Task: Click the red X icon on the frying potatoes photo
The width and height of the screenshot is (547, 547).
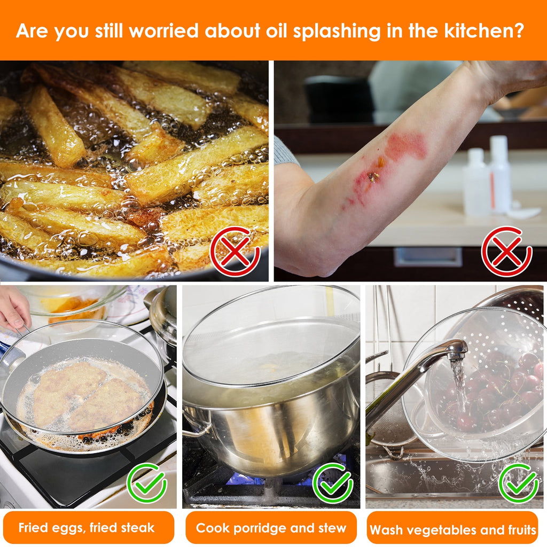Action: [x=235, y=251]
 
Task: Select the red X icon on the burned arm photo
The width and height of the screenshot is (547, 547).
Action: [x=506, y=251]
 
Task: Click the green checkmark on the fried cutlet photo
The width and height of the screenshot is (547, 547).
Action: [x=147, y=483]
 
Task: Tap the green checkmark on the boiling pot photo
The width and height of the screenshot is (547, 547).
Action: [x=333, y=483]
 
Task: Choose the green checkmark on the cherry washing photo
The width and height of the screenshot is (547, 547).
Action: [x=519, y=483]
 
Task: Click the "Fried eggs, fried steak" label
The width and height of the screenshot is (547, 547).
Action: [x=87, y=527]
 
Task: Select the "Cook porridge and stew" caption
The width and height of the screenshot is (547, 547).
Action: [x=271, y=528]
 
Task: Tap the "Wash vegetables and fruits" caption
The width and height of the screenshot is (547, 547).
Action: [x=453, y=530]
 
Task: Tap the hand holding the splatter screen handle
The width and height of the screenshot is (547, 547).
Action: [x=14, y=307]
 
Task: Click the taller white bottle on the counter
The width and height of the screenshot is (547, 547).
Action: [x=499, y=175]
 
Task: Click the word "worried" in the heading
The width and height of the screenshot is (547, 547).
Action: [x=163, y=30]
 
